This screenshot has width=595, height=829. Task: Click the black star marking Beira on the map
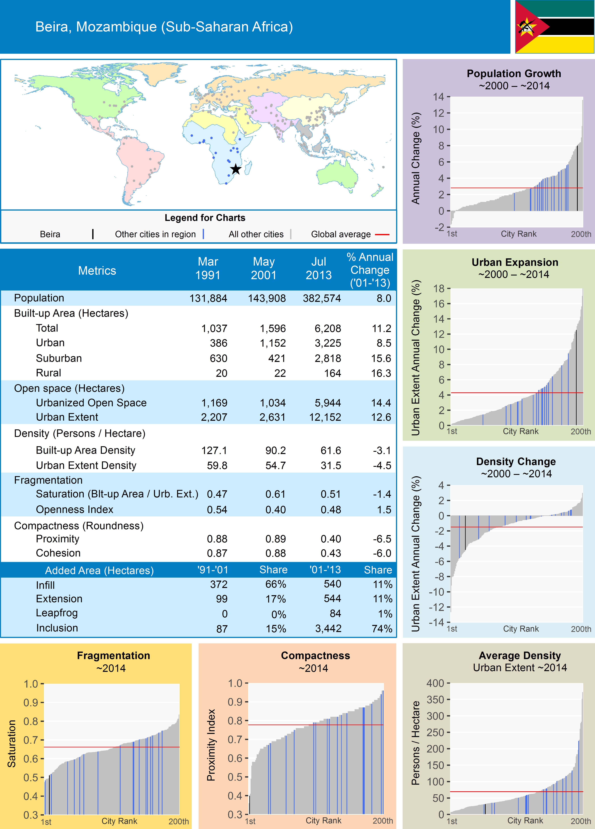(x=236, y=169)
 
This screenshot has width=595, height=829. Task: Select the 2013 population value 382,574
(x=322, y=298)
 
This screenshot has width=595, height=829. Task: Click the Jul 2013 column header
(x=318, y=268)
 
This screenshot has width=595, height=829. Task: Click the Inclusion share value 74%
(x=382, y=629)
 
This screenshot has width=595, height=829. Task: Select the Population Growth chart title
(x=514, y=73)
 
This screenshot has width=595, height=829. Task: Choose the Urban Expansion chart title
(x=515, y=262)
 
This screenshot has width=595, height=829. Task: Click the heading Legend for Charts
(x=205, y=218)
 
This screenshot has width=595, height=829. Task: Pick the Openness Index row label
(x=75, y=510)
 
